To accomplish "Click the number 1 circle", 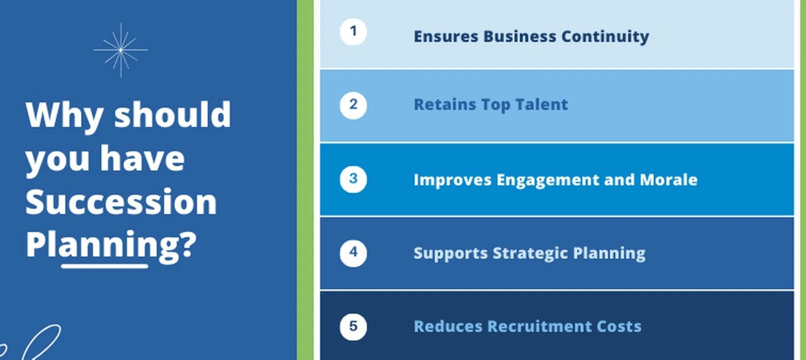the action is pyautogui.click(x=353, y=31).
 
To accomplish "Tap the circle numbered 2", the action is pyautogui.click(x=353, y=106).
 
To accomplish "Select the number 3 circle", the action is pyautogui.click(x=353, y=179).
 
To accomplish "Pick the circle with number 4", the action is pyautogui.click(x=353, y=253).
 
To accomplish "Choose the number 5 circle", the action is pyautogui.click(x=353, y=327).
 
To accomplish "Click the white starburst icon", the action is pyautogui.click(x=121, y=50).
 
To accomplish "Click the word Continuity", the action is pyautogui.click(x=605, y=37).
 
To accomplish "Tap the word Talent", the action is pyautogui.click(x=541, y=105).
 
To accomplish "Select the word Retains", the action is pyautogui.click(x=445, y=105).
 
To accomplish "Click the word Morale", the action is pyautogui.click(x=668, y=180).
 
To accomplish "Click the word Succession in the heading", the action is pyautogui.click(x=121, y=202).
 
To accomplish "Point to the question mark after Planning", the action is pyautogui.click(x=188, y=245).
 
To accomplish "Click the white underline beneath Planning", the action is pyautogui.click(x=105, y=267).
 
